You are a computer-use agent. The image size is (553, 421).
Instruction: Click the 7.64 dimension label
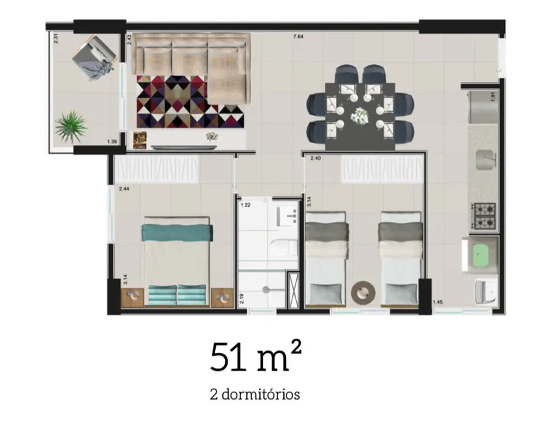click(x=298, y=37)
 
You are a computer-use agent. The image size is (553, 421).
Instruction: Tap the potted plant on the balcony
click(x=71, y=126)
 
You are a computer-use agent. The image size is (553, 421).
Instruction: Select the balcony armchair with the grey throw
click(x=95, y=56)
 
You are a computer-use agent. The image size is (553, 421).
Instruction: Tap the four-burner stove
click(x=484, y=216)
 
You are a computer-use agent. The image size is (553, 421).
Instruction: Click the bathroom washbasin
click(x=286, y=213)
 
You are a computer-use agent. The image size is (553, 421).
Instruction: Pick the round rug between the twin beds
click(x=362, y=293)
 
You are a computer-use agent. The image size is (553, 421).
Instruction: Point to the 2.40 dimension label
click(x=316, y=159)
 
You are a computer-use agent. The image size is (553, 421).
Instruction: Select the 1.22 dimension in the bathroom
click(x=245, y=205)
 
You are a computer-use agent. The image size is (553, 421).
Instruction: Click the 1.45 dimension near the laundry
click(x=438, y=302)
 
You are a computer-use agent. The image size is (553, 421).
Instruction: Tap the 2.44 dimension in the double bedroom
click(x=124, y=189)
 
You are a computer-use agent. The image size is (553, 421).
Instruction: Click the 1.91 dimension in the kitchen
click(x=493, y=98)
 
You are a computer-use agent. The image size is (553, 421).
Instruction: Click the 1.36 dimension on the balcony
click(x=112, y=142)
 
